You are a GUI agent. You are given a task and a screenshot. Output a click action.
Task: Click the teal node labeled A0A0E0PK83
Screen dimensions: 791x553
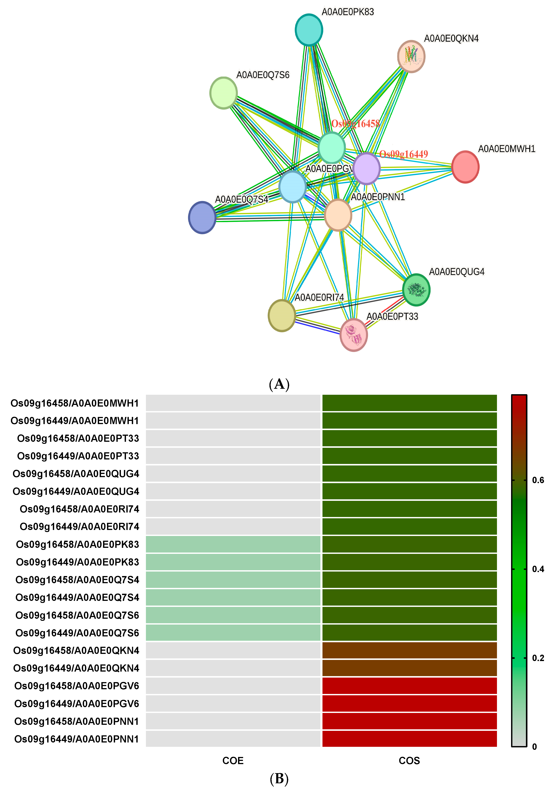point(309,30)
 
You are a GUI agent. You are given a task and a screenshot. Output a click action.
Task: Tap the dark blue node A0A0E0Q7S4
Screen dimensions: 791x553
point(202,217)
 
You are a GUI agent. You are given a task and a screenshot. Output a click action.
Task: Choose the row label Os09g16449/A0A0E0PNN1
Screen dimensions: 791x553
point(77,739)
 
